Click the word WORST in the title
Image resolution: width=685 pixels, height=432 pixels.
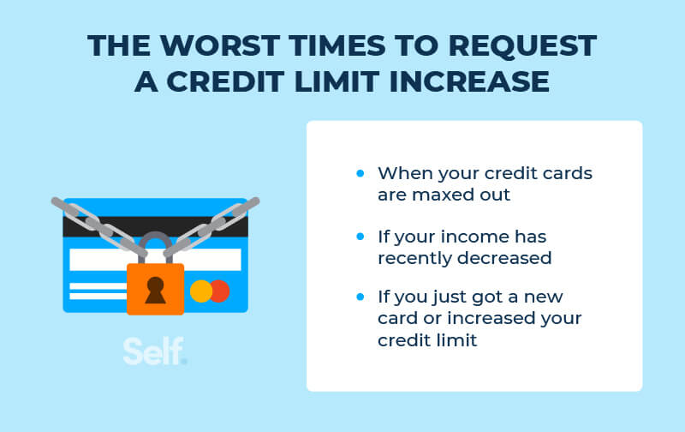coord(219,45)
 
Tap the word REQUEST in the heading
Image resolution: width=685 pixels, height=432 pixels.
coord(522,46)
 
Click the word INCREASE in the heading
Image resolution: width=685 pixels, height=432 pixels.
coord(469,81)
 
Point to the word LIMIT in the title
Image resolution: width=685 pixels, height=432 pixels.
coord(337,81)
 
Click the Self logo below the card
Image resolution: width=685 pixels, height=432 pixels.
coord(155,351)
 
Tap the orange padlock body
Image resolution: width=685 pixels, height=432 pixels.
coord(155,289)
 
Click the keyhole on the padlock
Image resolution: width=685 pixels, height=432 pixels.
coord(155,290)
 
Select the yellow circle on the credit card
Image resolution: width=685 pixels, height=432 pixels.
coord(201,291)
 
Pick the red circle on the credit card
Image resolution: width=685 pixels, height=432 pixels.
coord(221,291)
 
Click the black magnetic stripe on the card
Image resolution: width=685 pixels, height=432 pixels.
coord(156,227)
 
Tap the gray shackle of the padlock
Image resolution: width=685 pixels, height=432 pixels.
coord(156,242)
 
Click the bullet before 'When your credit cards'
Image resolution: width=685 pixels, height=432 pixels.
coord(360,174)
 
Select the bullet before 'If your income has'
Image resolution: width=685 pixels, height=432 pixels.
coord(360,237)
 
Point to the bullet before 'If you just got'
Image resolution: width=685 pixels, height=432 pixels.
coord(360,297)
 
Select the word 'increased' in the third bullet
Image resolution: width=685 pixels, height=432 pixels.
coord(491,318)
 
